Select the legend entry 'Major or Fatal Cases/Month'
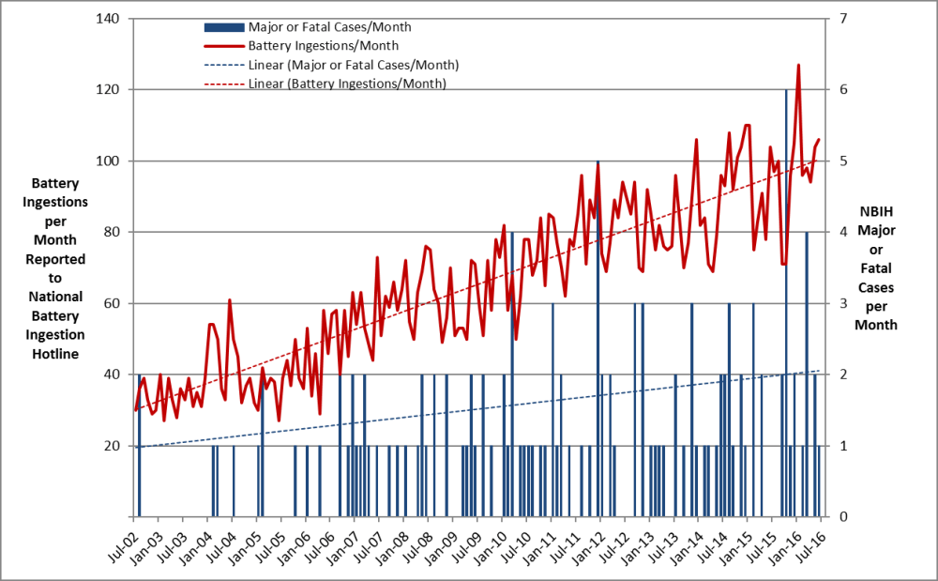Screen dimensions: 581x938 click(x=329, y=26)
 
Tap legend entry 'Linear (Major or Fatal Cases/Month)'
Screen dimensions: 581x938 click(x=354, y=64)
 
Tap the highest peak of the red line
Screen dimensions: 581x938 click(x=798, y=66)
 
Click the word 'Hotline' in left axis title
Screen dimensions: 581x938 click(x=57, y=354)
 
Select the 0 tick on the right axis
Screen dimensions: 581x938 click(x=843, y=516)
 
